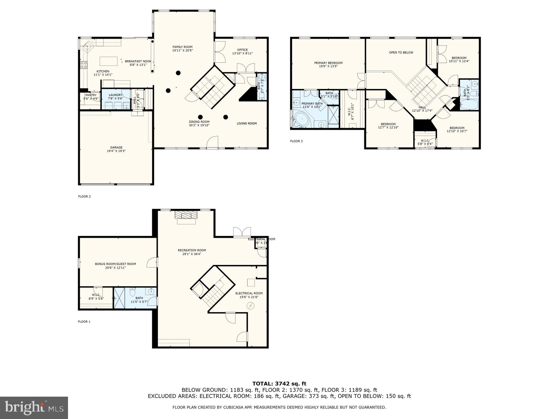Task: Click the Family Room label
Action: coord(182,49)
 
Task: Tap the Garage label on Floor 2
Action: coord(116,149)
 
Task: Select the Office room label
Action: coord(242,52)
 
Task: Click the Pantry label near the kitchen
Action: coord(91,97)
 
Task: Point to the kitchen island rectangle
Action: coord(108,61)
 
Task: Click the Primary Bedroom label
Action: coord(328,65)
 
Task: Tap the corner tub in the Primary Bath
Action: coord(302,119)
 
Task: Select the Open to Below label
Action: coord(401,52)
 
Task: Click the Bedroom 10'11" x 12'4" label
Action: coord(459,60)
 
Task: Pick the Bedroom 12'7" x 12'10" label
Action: coord(388,126)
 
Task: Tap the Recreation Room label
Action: coord(192,252)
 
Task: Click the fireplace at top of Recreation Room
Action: coord(186,216)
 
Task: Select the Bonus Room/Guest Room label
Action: coord(115,266)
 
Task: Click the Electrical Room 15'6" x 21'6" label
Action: coord(249,295)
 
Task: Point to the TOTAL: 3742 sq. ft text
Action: coord(279,384)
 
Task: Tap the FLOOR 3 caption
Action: coord(296,141)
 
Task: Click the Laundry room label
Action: coord(116,97)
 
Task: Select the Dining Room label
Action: coord(199,124)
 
